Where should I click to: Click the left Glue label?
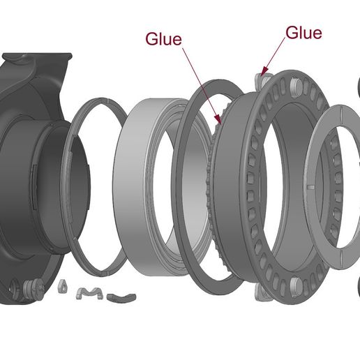(x=163, y=39)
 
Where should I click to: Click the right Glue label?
(x=303, y=33)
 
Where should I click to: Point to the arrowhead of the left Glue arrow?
(x=218, y=119)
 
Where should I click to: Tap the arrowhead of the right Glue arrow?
(x=264, y=71)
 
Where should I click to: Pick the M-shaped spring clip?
(x=89, y=293)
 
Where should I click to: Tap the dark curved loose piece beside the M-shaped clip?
(x=121, y=298)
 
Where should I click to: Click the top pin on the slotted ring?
(x=295, y=86)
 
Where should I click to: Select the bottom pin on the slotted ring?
(x=296, y=285)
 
